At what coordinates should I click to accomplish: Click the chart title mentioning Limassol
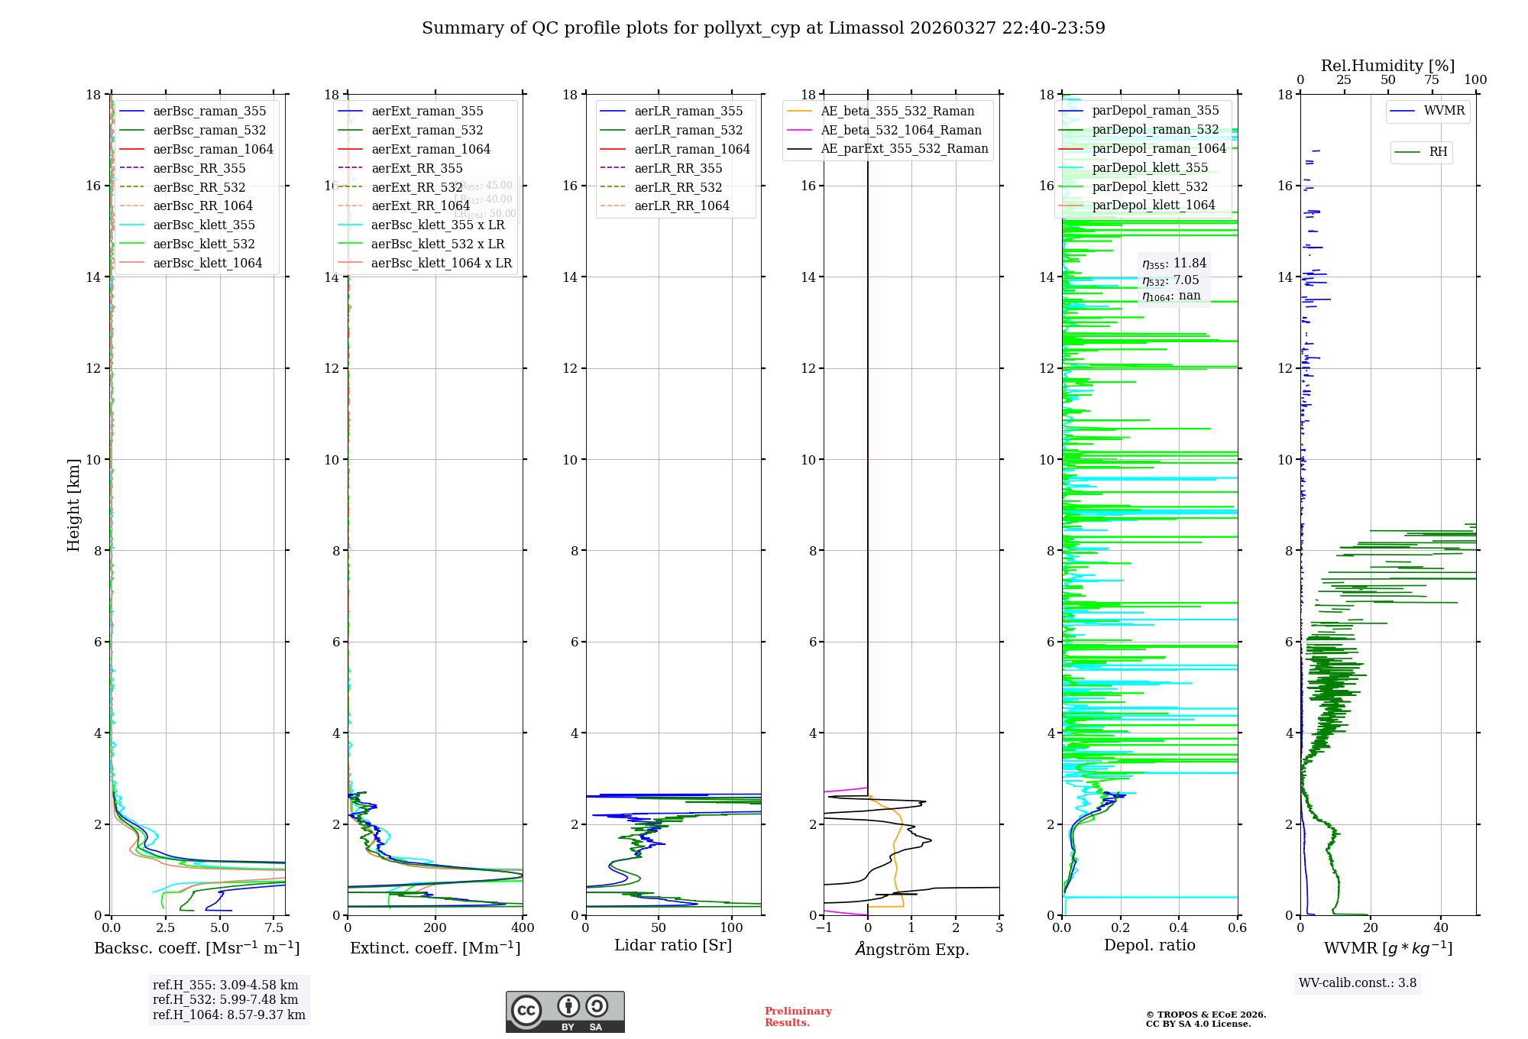[x=763, y=28]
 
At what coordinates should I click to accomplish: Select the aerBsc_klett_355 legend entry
[x=203, y=225]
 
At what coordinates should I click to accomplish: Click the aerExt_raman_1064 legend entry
[x=431, y=149]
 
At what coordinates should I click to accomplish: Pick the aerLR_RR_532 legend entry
[x=678, y=187]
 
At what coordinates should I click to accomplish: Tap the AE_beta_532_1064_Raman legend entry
[x=901, y=130]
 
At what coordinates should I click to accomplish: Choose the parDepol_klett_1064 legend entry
[x=1153, y=205]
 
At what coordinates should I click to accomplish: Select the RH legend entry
[x=1438, y=152]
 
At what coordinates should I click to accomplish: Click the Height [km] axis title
[x=73, y=505]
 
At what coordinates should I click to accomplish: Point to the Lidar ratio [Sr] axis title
[x=673, y=945]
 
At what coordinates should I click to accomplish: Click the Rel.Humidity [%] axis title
[x=1387, y=66]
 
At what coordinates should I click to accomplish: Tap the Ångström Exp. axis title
[x=911, y=949]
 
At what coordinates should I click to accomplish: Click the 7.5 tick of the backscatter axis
[x=274, y=928]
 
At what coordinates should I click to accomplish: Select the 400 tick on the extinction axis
[x=523, y=928]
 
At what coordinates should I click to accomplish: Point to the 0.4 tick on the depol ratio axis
[x=1179, y=928]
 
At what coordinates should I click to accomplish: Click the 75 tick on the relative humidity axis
[x=1432, y=80]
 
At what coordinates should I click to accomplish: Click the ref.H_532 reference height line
[x=225, y=999]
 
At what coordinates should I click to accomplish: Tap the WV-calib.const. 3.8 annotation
[x=1358, y=983]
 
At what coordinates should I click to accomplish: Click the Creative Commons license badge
[x=565, y=1011]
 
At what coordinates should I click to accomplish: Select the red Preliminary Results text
[x=798, y=1017]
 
